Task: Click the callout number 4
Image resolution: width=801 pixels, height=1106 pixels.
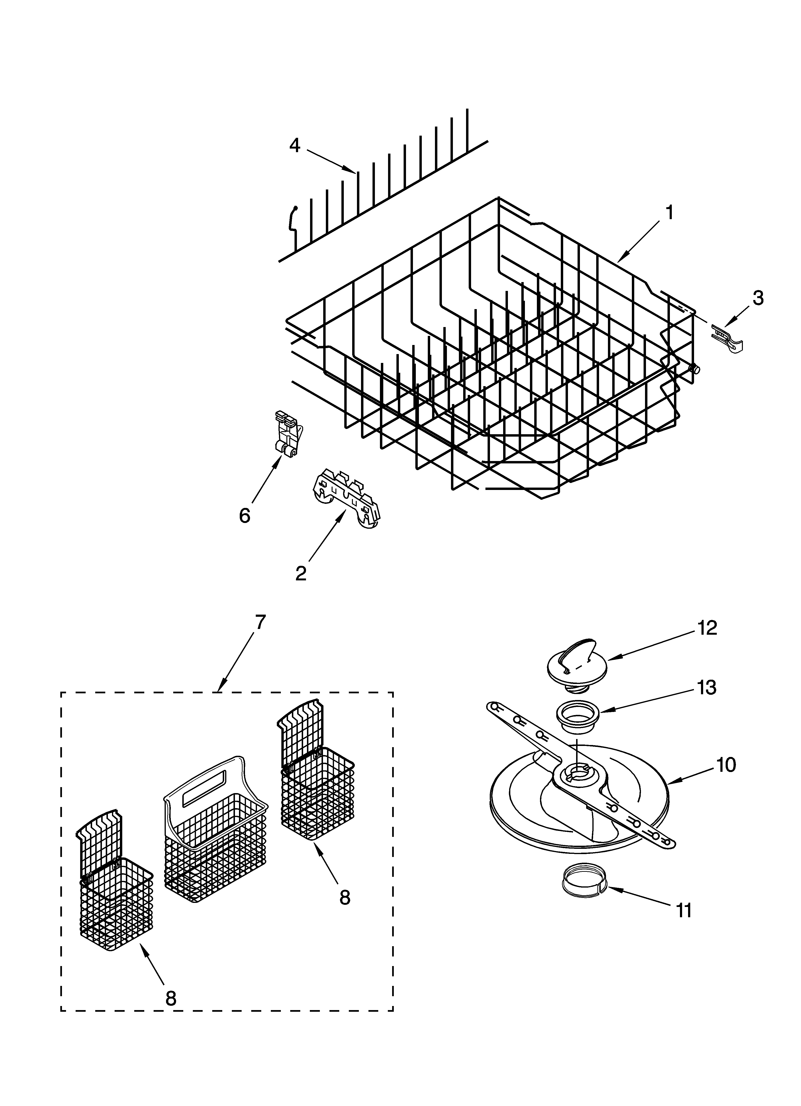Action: point(295,145)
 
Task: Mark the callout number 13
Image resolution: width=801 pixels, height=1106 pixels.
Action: point(707,688)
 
